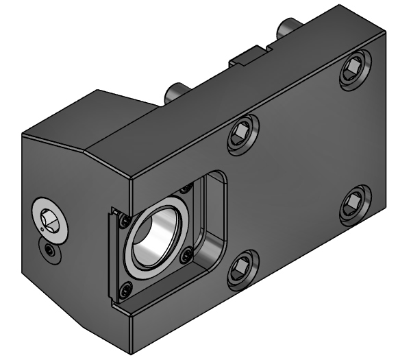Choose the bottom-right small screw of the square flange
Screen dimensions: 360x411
tap(184, 258)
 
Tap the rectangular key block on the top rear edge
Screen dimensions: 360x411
tap(249, 54)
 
